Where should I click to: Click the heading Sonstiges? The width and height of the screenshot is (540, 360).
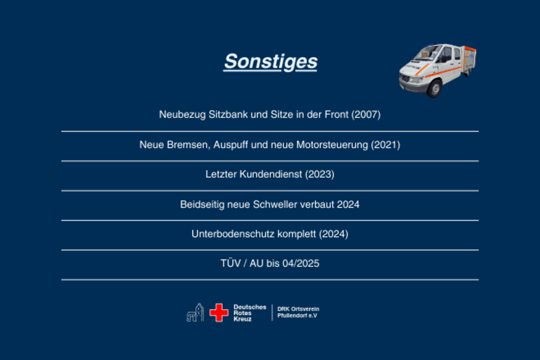[271, 62]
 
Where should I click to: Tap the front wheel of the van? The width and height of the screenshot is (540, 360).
[434, 88]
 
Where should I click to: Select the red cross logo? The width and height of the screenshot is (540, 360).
[219, 313]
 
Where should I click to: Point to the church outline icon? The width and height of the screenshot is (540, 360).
[195, 312]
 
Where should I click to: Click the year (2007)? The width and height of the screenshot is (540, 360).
[366, 114]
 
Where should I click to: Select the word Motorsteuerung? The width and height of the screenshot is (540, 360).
[332, 145]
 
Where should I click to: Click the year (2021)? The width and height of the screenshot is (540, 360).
[385, 145]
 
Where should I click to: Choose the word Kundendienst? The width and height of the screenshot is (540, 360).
[271, 174]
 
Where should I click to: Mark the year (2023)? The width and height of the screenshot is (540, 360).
[319, 174]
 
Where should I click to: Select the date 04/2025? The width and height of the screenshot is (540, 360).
[300, 264]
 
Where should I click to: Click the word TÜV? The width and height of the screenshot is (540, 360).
[231, 263]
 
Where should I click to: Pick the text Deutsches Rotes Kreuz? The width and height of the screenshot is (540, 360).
[250, 313]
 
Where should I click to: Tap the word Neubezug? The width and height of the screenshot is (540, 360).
[182, 115]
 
